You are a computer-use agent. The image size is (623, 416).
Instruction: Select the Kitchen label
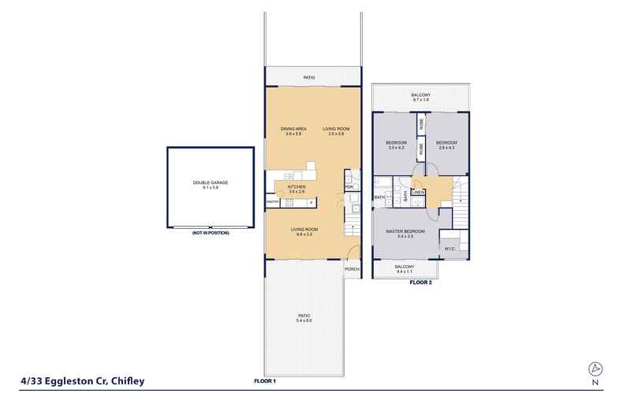click(297, 187)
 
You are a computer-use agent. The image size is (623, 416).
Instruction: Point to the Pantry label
click(273, 203)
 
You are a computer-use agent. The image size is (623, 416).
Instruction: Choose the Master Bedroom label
click(405, 230)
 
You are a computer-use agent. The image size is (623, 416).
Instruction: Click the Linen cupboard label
click(419, 192)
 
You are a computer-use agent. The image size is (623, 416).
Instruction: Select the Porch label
click(352, 269)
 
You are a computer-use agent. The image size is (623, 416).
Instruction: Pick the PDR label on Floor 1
click(348, 187)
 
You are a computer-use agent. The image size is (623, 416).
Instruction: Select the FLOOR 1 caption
click(265, 380)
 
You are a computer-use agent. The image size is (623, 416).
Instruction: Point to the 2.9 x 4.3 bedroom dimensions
click(446, 148)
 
